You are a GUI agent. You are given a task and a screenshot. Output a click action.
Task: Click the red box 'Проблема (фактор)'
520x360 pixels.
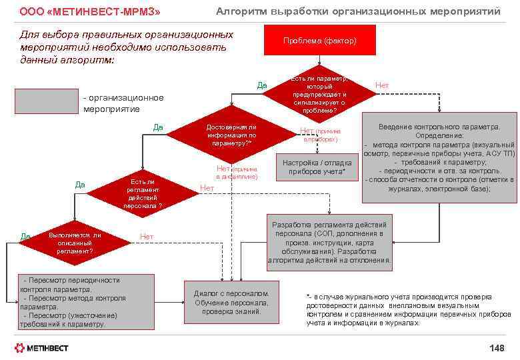tap(319, 41)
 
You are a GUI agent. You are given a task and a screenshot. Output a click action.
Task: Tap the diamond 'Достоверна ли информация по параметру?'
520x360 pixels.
tap(230, 135)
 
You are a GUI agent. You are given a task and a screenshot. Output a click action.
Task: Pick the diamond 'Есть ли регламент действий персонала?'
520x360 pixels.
tap(142, 193)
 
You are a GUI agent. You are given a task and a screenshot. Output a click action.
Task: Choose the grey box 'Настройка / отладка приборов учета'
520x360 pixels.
tap(317, 167)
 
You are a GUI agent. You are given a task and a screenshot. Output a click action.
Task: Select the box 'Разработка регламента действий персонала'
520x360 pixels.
tap(330, 239)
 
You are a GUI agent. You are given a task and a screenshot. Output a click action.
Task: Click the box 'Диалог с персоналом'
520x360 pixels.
tap(231, 302)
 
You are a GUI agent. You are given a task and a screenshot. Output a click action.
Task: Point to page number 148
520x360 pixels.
tap(497, 348)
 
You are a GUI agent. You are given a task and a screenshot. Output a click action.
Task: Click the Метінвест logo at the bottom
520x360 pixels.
tap(41, 348)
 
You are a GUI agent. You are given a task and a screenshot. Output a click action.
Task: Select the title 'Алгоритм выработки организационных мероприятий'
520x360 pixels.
tap(357, 11)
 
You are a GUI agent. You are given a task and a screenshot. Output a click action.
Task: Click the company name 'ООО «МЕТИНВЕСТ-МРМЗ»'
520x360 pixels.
tap(90, 12)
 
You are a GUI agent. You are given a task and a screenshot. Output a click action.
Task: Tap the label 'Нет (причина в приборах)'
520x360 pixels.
tap(320, 135)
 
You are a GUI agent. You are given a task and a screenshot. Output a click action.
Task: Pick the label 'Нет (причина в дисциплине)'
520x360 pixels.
tap(237, 172)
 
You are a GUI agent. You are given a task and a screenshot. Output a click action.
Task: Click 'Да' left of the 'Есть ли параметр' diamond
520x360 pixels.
tap(262, 85)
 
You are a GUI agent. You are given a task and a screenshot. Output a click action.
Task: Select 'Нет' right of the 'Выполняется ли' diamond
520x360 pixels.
tap(147, 237)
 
